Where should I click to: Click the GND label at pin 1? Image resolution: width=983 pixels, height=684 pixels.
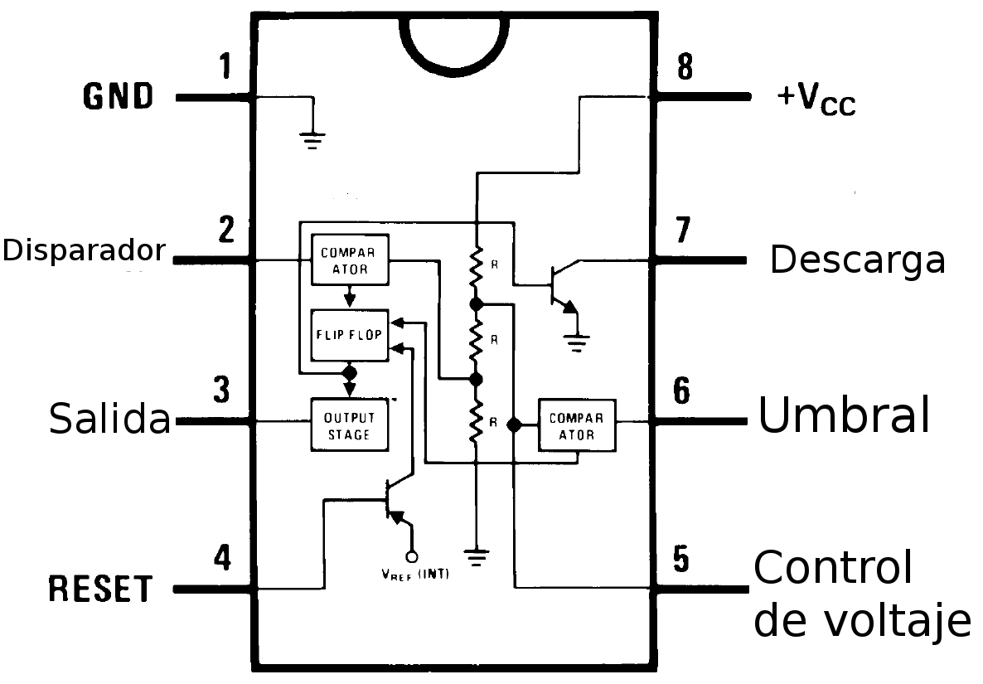[x=119, y=96]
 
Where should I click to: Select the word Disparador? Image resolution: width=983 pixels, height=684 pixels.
[x=84, y=250]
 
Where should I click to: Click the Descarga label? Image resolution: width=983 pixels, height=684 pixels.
[x=857, y=260]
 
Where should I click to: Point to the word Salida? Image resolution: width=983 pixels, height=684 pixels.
[x=109, y=418]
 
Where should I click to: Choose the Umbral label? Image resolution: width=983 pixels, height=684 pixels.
[x=844, y=414]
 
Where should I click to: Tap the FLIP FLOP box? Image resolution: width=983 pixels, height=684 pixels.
[x=349, y=335]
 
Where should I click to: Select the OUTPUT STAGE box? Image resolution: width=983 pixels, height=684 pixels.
[x=349, y=424]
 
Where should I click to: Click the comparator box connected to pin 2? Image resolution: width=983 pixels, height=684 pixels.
[x=349, y=260]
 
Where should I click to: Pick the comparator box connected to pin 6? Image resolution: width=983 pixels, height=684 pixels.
[x=577, y=426]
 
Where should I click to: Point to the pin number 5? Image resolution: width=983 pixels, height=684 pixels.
[x=680, y=560]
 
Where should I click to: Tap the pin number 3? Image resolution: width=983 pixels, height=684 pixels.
[x=221, y=391]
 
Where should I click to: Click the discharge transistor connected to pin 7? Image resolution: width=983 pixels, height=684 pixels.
[x=560, y=286]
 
